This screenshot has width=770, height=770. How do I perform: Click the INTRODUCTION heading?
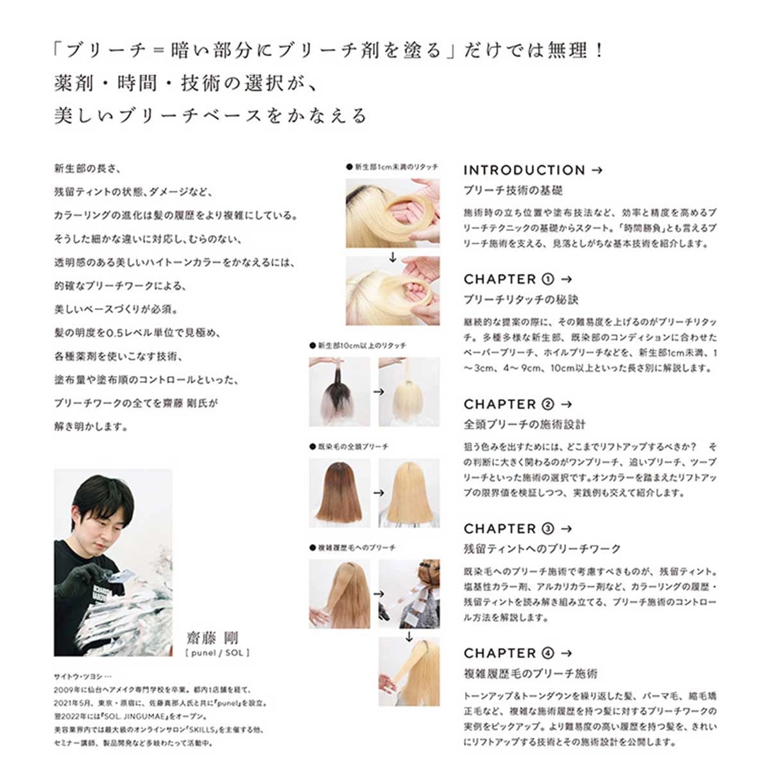click(x=524, y=170)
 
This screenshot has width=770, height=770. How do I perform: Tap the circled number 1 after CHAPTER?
click(x=548, y=279)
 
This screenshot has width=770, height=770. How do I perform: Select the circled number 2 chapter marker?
click(x=548, y=404)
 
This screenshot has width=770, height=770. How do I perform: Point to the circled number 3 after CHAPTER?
click(x=548, y=529)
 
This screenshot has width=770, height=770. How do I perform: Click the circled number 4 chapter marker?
click(x=548, y=653)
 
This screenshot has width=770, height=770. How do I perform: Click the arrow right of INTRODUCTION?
click(x=597, y=171)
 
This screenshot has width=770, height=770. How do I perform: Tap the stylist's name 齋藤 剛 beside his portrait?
click(x=212, y=638)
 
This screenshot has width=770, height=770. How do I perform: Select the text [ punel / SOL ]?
click(x=218, y=653)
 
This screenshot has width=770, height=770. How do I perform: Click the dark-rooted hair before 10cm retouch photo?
click(x=339, y=391)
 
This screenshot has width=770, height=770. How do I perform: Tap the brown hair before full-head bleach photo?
click(x=339, y=493)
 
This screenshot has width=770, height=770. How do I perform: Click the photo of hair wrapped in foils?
click(x=409, y=594)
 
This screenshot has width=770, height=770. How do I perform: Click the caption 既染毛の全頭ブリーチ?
click(x=349, y=447)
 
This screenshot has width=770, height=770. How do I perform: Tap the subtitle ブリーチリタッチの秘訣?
click(x=520, y=300)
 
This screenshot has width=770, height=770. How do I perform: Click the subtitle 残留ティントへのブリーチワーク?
click(x=542, y=549)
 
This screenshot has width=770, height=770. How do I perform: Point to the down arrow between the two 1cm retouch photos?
click(x=393, y=257)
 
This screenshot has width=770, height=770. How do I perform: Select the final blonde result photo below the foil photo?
click(x=409, y=671)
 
